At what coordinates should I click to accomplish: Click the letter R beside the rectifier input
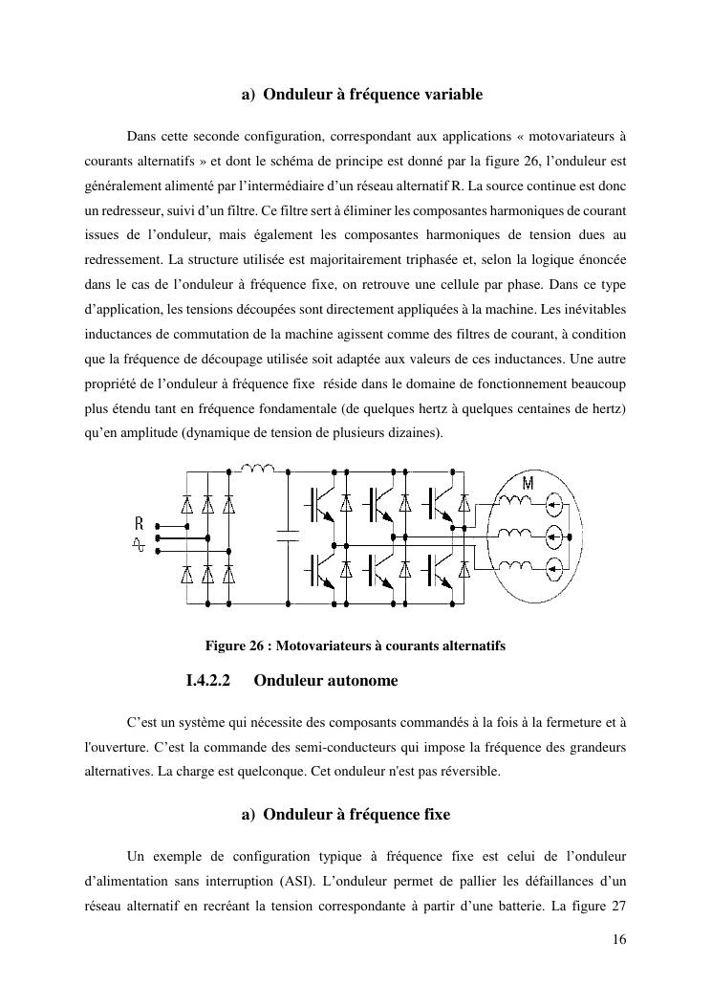click(x=140, y=523)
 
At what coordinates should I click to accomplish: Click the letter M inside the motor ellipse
click(x=528, y=483)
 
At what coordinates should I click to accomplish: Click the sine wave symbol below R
click(x=140, y=543)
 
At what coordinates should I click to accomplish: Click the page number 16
click(x=619, y=940)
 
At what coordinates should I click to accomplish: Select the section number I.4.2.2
click(x=208, y=682)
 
